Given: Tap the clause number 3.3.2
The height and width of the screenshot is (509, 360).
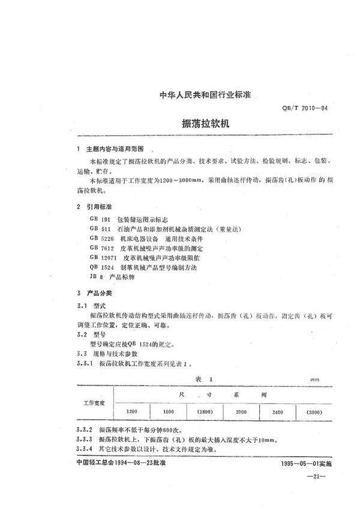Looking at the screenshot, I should [80, 430].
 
